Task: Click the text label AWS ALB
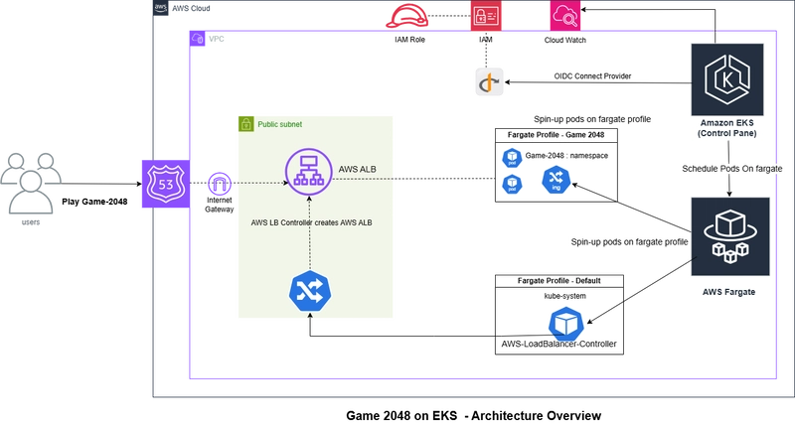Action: point(358,169)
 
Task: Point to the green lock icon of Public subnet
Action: point(244,124)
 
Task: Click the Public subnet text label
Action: point(280,125)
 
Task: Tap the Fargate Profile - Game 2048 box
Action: point(556,134)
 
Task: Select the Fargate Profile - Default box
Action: point(559,281)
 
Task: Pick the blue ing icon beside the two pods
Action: point(555,181)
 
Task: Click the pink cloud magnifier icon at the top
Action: point(559,15)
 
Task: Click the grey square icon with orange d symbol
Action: point(489,81)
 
